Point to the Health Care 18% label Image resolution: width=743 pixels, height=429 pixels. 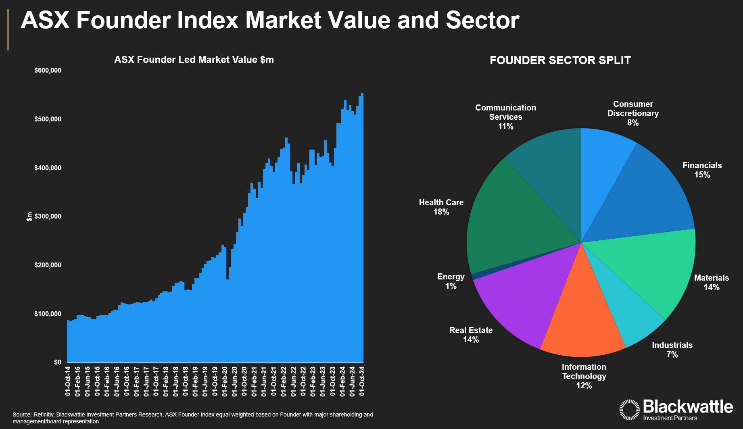[x=441, y=207]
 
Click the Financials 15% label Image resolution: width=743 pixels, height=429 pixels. [x=702, y=170]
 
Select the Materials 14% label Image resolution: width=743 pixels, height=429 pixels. [x=711, y=283]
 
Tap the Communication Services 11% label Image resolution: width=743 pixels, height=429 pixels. [x=505, y=117]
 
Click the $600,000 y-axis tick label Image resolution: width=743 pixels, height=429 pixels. [x=48, y=71]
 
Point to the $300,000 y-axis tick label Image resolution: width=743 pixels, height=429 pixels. [x=48, y=217]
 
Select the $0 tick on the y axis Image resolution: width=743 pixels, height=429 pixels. [x=57, y=362]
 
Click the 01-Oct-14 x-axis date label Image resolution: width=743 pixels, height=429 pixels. [x=68, y=381]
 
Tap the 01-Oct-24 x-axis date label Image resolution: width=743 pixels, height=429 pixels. [x=362, y=381]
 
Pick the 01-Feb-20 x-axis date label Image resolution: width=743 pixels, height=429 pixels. [x=225, y=381]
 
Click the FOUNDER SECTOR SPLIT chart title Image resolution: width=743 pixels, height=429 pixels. [x=560, y=60]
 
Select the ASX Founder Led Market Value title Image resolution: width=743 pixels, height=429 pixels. [x=194, y=60]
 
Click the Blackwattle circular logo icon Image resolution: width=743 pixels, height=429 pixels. [x=629, y=410]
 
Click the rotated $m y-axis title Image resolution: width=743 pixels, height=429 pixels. [x=29, y=217]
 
